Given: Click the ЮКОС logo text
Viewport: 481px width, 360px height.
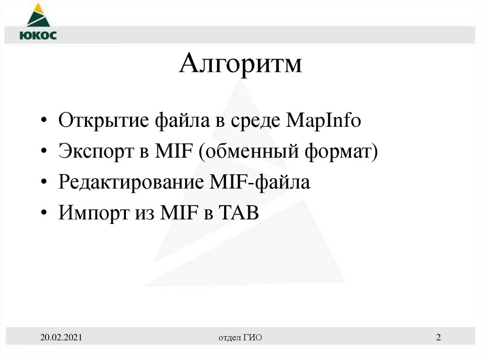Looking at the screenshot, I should point(38,36).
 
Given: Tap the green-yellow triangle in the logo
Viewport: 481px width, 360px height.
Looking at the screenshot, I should point(37,15).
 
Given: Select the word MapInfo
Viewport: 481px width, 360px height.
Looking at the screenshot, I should point(323,121).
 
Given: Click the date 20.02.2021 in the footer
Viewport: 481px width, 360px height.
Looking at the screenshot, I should point(62,337).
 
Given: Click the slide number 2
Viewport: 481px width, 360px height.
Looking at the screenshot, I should point(438,337).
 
